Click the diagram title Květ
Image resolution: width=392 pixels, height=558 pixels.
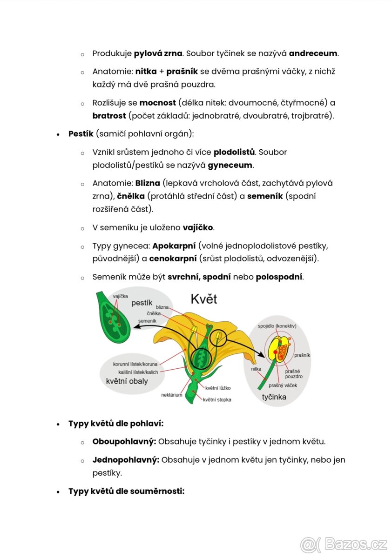tap(204, 299)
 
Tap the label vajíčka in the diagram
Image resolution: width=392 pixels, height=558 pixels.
tap(121, 296)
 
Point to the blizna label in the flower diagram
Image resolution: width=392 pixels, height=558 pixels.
tap(162, 307)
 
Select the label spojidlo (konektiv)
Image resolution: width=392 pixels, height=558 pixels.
tap(279, 326)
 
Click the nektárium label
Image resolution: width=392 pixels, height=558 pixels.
tap(171, 395)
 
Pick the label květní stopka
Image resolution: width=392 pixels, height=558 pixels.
tap(217, 399)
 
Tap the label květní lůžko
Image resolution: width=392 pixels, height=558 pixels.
tap(218, 387)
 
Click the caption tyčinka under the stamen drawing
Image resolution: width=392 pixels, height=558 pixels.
tap(274, 397)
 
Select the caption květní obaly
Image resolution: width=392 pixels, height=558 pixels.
tap(127, 381)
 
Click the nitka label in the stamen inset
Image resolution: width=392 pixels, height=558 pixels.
tap(256, 368)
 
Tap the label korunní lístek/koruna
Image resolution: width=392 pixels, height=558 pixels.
tap(135, 364)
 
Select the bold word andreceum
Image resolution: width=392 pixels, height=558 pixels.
tap(313, 53)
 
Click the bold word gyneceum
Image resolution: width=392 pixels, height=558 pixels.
tap(230, 165)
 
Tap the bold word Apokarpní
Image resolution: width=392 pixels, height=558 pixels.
tap(174, 246)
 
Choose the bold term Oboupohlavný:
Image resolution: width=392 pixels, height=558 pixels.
tap(124, 441)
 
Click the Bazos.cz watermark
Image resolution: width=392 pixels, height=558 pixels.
tap(344, 544)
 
